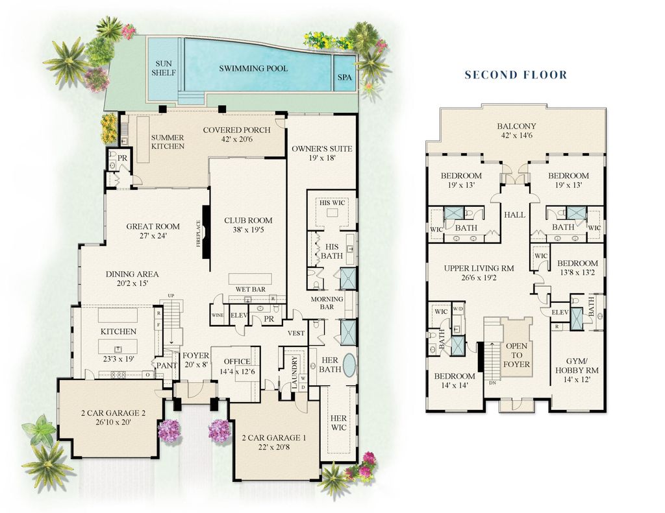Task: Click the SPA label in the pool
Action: [x=345, y=78]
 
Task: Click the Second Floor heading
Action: [x=516, y=75]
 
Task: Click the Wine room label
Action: [x=218, y=315]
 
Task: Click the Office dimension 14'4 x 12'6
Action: [x=236, y=372]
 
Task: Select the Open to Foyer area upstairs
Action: [x=516, y=347]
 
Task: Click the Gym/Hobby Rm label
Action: [x=577, y=366]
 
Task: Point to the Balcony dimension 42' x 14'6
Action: [x=516, y=136]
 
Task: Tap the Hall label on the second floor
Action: [x=514, y=215]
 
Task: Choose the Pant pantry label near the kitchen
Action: [x=167, y=365]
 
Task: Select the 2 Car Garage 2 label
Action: [x=113, y=412]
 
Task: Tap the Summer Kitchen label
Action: [x=168, y=142]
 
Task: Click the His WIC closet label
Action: [x=332, y=203]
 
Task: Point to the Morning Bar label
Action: [x=327, y=303]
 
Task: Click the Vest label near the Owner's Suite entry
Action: [x=296, y=333]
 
